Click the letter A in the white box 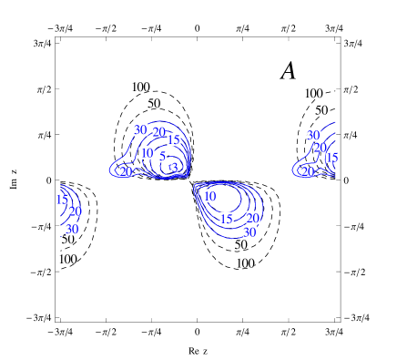click(289, 70)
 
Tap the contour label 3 click(175, 168)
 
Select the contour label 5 click(163, 156)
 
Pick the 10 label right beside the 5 click(148, 153)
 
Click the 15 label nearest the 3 click(173, 139)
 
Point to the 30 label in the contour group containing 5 click(141, 129)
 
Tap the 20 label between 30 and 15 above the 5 click(158, 133)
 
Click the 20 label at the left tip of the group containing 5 click(126, 171)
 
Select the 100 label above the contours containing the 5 click(140, 87)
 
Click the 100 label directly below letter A click(313, 94)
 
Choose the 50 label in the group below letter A click(321, 110)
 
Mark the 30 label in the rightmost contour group click(314, 135)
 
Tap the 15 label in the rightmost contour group click(331, 158)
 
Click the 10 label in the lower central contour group click(210, 196)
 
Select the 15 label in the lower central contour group click(226, 219)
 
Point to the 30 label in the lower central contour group click(249, 232)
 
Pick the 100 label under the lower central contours click(244, 263)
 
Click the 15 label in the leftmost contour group click(62, 200)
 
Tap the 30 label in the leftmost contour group click(73, 229)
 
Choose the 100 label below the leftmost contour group click(67, 259)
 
